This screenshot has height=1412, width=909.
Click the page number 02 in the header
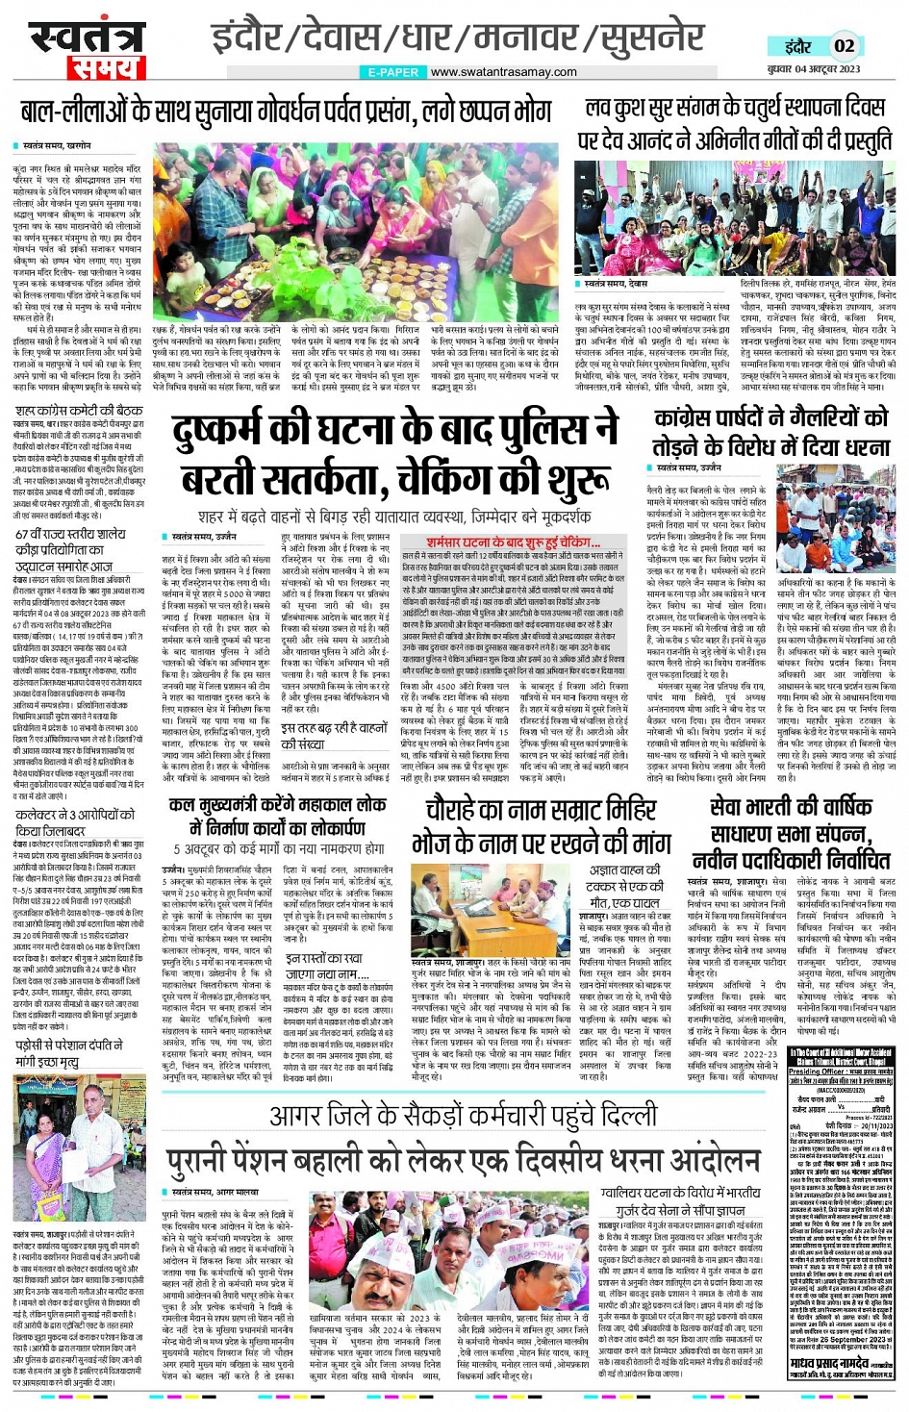(844, 45)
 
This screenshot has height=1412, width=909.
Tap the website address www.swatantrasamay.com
(503, 72)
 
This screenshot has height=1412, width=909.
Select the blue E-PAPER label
(393, 72)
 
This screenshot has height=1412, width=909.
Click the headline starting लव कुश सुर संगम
(736, 109)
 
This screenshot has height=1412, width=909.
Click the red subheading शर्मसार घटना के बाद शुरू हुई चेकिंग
(507, 543)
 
